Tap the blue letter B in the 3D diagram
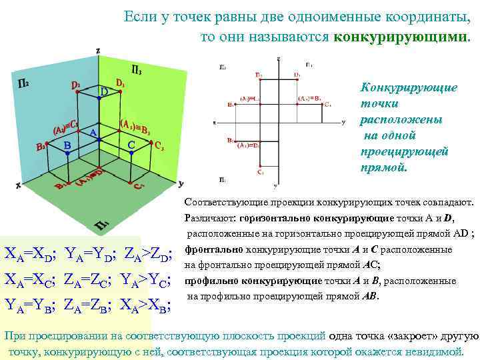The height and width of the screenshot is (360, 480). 67,145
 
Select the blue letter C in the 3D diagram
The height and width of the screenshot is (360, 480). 131,145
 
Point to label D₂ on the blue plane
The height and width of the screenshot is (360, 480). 77,85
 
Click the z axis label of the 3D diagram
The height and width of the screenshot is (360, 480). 98,50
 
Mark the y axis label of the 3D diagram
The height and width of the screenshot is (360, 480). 181,182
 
